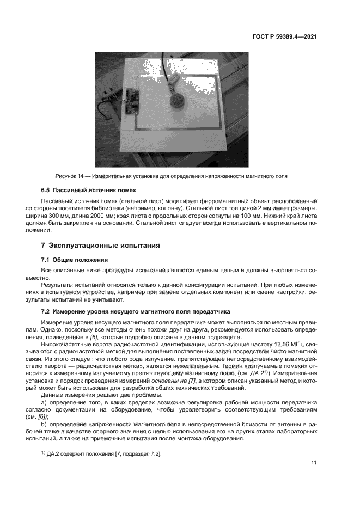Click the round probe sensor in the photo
pos(176,101)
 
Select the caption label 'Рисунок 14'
pos(71,177)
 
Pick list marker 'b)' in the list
pos(44,422)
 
